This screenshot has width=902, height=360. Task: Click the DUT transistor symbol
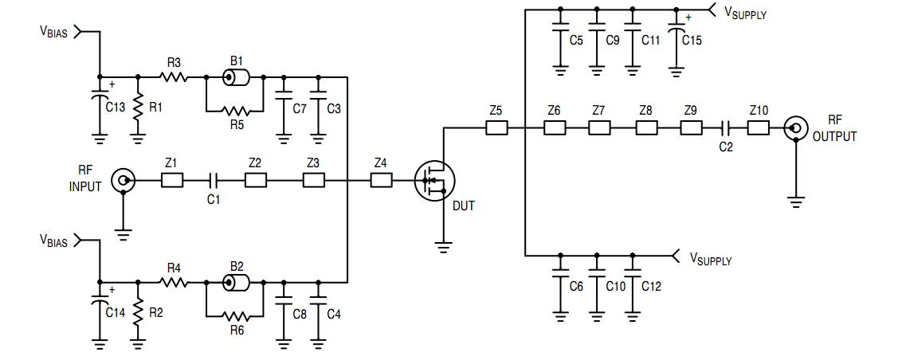pyautogui.click(x=434, y=182)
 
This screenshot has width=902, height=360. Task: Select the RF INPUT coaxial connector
pyautogui.click(x=123, y=182)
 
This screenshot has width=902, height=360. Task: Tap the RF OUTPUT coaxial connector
pyautogui.click(x=794, y=127)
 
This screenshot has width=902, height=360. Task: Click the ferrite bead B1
pyautogui.click(x=235, y=77)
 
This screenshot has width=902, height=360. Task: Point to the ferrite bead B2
pyautogui.click(x=235, y=283)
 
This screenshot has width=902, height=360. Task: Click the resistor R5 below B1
pyautogui.click(x=234, y=110)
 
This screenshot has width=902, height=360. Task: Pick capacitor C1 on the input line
pyautogui.click(x=213, y=182)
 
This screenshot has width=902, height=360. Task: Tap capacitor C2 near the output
pyautogui.click(x=725, y=127)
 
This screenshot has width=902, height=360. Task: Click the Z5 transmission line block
pyautogui.click(x=496, y=127)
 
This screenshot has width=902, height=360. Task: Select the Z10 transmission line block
pyautogui.click(x=758, y=127)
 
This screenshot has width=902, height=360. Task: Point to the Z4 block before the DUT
pyautogui.click(x=382, y=182)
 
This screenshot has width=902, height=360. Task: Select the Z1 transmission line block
pyautogui.click(x=171, y=182)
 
